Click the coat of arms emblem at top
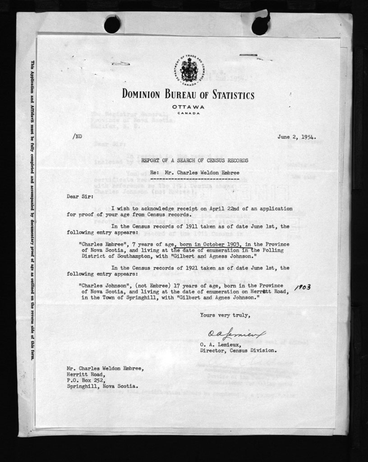point(188,70)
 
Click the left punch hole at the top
point(112,24)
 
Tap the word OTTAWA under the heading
point(188,106)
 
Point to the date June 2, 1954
point(296,138)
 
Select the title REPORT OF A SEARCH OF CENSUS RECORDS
point(194,161)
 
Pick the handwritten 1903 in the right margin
point(302,287)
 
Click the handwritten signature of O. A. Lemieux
point(236,334)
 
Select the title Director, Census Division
point(238,350)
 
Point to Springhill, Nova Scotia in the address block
point(102,387)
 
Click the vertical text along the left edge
point(32,210)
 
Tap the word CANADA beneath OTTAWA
point(188,113)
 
